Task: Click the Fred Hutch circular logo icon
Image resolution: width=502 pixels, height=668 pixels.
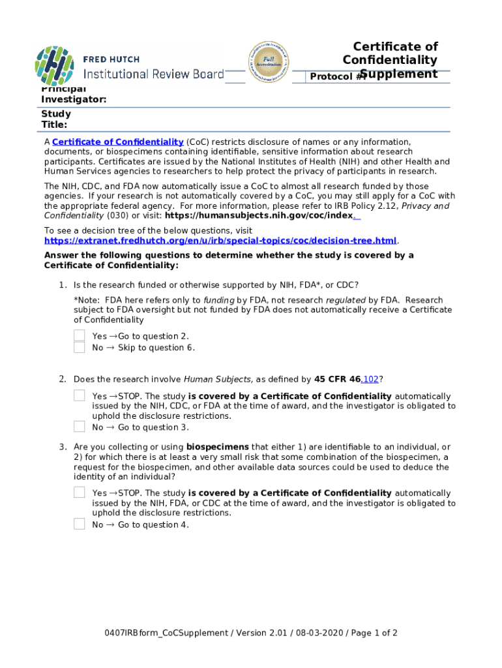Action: coord(55,66)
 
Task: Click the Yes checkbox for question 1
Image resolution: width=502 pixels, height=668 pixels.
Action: coord(79,335)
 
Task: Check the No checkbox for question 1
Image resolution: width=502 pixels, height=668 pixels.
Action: coord(79,347)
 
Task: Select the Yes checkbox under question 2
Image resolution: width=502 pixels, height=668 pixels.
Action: coord(79,395)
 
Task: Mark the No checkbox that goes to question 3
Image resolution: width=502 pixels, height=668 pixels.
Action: coord(79,427)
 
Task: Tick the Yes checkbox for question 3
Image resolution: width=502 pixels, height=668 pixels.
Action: coord(79,493)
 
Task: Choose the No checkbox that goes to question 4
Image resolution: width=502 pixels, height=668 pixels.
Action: coord(79,524)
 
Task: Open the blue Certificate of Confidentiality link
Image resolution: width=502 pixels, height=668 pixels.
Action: coord(117,142)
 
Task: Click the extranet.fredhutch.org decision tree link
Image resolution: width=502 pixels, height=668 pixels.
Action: coord(220,241)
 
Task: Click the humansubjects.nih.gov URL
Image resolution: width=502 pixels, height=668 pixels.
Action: coord(259,216)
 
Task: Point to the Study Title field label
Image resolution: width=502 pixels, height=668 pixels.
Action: coord(56,119)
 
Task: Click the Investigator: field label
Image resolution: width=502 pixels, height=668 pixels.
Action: coord(74,99)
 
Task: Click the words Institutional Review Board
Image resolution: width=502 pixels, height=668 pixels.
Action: coord(153,74)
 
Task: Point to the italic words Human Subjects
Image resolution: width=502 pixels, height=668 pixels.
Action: coord(217,379)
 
